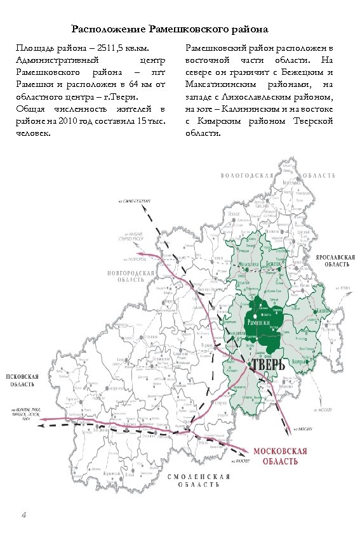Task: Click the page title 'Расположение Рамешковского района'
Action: [x=170, y=29]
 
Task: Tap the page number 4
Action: [x=23, y=514]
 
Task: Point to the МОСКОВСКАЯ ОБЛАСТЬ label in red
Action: [x=280, y=456]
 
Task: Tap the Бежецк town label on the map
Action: [x=275, y=263]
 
